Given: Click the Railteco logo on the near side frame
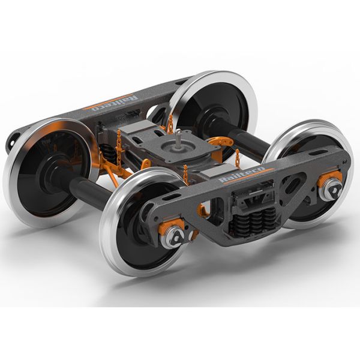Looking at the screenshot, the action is point(242,175).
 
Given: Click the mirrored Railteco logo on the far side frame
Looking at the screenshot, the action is point(115,103).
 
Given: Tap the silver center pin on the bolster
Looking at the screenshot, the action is point(178,138).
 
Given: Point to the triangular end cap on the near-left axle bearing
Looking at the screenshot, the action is point(176,236).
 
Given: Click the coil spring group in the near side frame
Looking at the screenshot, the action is point(255,220).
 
